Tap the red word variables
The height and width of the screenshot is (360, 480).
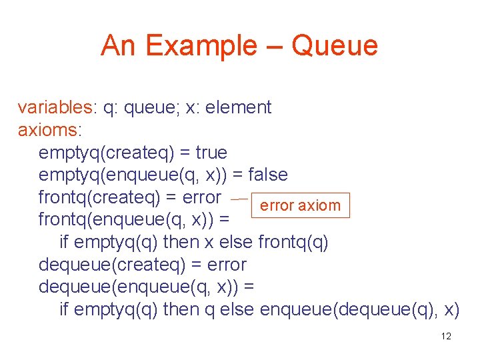click(x=57, y=107)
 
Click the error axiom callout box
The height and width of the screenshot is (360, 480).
click(x=299, y=206)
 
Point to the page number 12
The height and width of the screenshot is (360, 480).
click(x=446, y=336)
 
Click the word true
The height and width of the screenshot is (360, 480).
click(x=211, y=153)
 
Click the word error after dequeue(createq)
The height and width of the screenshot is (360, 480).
click(x=223, y=265)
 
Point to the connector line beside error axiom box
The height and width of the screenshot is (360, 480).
click(x=239, y=199)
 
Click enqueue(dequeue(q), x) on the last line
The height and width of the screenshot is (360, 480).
click(x=359, y=310)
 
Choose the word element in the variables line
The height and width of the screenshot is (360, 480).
click(x=238, y=107)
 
